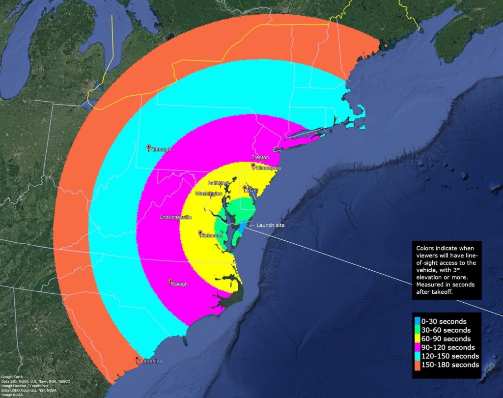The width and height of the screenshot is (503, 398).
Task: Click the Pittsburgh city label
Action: pyautogui.click(x=160, y=149)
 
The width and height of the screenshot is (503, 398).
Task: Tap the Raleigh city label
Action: pyautogui.click(x=179, y=284)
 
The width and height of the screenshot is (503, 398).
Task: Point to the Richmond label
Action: pyautogui.click(x=212, y=236)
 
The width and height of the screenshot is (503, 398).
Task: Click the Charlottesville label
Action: pyautogui.click(x=175, y=217)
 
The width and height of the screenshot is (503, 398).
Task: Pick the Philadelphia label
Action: pyautogui.click(x=268, y=168)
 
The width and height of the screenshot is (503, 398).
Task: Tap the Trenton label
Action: pyautogui.click(x=260, y=157)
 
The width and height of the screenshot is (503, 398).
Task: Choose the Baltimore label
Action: pyautogui.click(x=219, y=183)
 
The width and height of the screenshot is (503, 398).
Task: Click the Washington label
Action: pyautogui.click(x=209, y=194)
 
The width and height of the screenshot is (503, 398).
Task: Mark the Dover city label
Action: pyautogui.click(x=251, y=190)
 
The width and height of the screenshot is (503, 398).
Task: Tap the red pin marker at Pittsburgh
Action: pyautogui.click(x=148, y=146)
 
